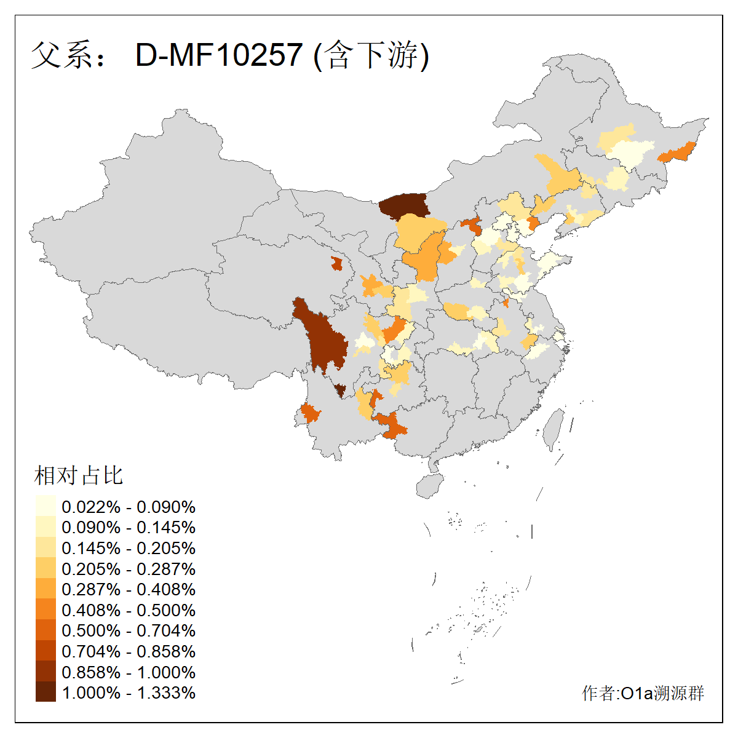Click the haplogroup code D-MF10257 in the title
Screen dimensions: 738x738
click(219, 55)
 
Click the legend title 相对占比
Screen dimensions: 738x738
click(78, 475)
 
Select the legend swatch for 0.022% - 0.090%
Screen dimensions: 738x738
click(46, 507)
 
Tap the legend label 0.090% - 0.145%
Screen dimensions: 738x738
click(129, 528)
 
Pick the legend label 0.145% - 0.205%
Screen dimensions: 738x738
click(129, 548)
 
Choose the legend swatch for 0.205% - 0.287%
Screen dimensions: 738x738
click(46, 569)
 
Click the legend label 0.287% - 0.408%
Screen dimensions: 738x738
click(129, 589)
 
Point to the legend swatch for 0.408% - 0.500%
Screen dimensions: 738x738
click(46, 610)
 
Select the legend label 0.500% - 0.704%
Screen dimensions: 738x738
click(129, 630)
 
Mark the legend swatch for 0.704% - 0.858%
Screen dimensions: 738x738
click(46, 651)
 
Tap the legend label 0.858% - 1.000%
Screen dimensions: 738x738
click(129, 672)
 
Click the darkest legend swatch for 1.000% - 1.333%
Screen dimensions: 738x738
click(46, 692)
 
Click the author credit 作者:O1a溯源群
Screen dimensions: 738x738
click(643, 693)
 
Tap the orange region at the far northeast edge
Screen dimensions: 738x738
click(676, 152)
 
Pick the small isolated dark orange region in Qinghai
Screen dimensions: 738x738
click(336, 264)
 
